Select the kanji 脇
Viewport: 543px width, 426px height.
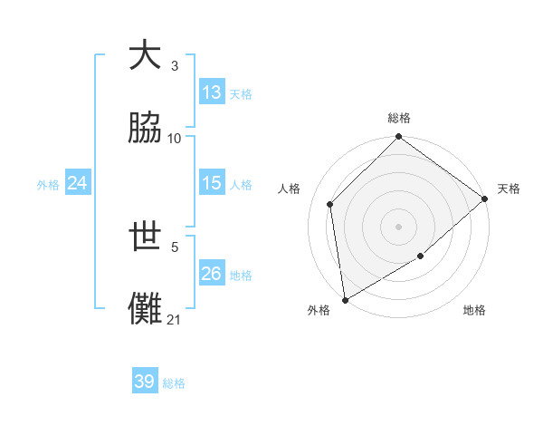point(146,128)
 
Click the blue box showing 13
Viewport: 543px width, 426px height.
point(212,92)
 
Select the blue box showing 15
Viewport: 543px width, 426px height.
point(212,183)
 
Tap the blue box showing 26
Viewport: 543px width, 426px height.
point(212,274)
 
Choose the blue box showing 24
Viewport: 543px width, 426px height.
point(78,183)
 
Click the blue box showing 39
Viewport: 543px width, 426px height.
point(144,382)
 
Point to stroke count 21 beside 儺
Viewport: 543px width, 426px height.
point(175,319)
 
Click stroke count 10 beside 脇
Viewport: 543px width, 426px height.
point(175,138)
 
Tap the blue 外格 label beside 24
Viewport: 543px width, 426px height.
point(48,184)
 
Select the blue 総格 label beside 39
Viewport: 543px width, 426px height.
point(174,382)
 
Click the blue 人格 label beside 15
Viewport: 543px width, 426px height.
point(241,184)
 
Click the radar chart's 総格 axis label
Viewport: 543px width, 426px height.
point(399,118)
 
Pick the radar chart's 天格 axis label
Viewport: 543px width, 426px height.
point(509,189)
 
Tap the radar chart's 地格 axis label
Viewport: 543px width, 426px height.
point(474,311)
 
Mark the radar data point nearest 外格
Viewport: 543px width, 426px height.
point(345,300)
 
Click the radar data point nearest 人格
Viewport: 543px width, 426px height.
point(330,204)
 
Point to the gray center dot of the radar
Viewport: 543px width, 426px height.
point(398,226)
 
